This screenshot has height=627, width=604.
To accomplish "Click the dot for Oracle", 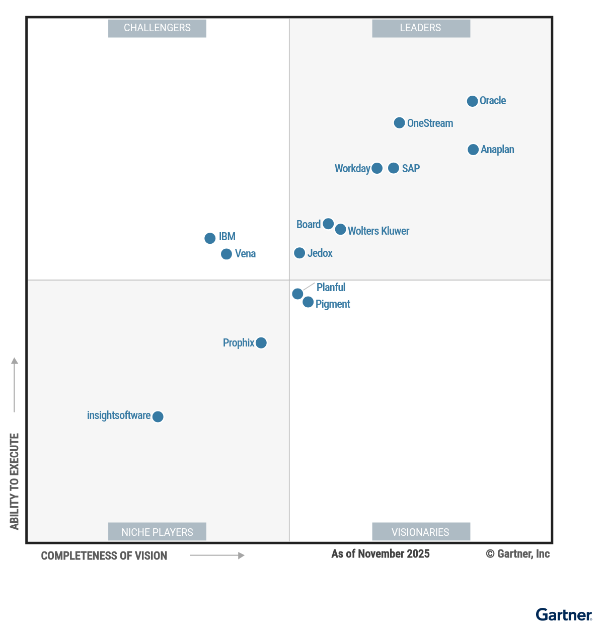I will pyautogui.click(x=472, y=101).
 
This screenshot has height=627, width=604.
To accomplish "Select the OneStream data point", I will pyautogui.click(x=399, y=123).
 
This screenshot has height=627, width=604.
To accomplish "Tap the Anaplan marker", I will pyautogui.click(x=473, y=150).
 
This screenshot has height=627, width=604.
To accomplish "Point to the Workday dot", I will pyautogui.click(x=377, y=168).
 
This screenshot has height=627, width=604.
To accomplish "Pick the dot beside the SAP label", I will pyautogui.click(x=394, y=168).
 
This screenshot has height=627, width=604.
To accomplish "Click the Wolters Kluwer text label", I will pyautogui.click(x=379, y=231).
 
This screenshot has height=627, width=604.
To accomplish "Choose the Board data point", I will pyautogui.click(x=328, y=224).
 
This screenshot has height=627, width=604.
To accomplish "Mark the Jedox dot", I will pyautogui.click(x=299, y=253).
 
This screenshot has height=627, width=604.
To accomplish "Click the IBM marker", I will pyautogui.click(x=210, y=238).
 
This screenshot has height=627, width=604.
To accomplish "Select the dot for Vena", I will pyautogui.click(x=226, y=254).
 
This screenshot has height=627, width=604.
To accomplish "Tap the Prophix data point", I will pyautogui.click(x=261, y=343).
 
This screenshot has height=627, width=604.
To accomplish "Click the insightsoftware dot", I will pyautogui.click(x=158, y=416).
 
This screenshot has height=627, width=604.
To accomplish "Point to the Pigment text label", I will pyautogui.click(x=333, y=304).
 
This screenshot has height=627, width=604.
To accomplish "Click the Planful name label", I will pyautogui.click(x=331, y=288).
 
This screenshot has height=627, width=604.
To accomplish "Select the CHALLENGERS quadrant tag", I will pyautogui.click(x=157, y=28).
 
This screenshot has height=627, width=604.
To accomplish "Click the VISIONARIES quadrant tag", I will pyautogui.click(x=421, y=532).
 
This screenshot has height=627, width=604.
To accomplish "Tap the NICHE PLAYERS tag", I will pyautogui.click(x=157, y=532).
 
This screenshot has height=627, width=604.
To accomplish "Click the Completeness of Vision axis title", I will pyautogui.click(x=104, y=556).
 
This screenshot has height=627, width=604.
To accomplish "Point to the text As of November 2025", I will pyautogui.click(x=381, y=554).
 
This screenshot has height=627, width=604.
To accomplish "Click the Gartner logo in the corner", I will pyautogui.click(x=564, y=615).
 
